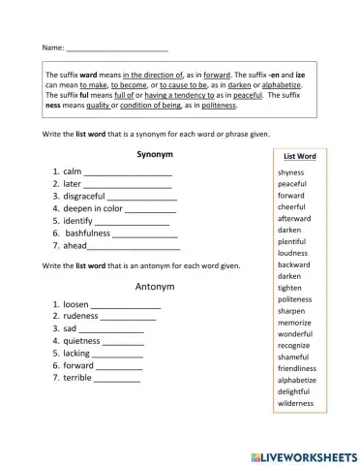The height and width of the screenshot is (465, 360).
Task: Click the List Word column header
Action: pyautogui.click(x=298, y=155)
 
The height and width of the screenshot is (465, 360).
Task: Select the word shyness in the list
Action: pyautogui.click(x=290, y=171)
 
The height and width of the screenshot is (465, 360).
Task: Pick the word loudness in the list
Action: pyautogui.click(x=292, y=253)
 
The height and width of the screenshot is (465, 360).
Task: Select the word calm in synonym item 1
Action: pyautogui.click(x=73, y=170)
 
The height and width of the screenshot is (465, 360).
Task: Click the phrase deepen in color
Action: pyautogui.click(x=93, y=208)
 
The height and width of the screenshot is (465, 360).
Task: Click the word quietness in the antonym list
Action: pyautogui.click(x=81, y=341)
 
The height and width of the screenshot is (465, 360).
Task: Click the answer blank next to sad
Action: pyautogui.click(x=111, y=330)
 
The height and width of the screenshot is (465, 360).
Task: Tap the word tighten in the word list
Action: pyautogui.click(x=290, y=288)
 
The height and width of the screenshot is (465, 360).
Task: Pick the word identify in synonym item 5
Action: pyautogui.click(x=78, y=221)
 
